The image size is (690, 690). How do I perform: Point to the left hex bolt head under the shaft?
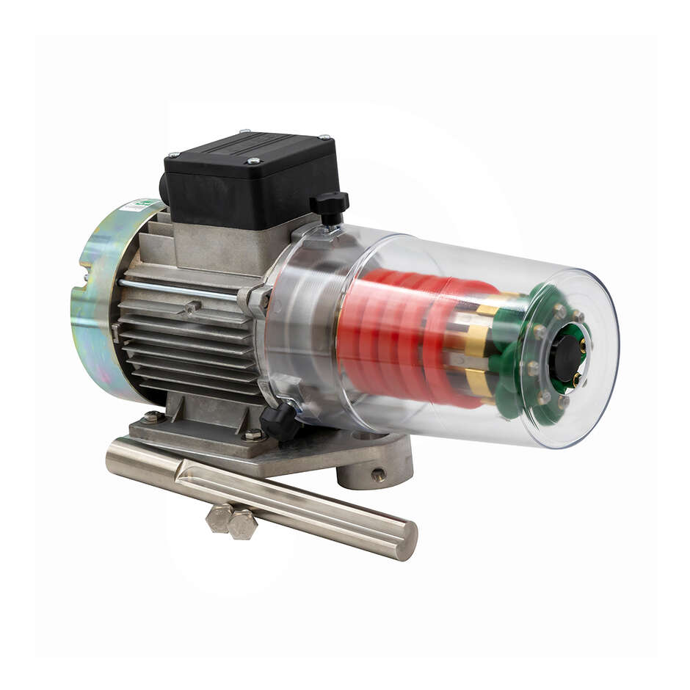pyautogui.click(x=219, y=518)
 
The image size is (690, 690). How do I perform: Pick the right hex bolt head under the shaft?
pyautogui.click(x=243, y=524)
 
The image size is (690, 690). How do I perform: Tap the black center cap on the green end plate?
pyautogui.click(x=564, y=357)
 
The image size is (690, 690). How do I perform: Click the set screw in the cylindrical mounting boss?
pyautogui.click(x=378, y=476)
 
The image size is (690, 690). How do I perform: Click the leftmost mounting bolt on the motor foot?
pyautogui.click(x=152, y=417)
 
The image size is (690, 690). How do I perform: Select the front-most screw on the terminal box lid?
pyautogui.click(x=253, y=161)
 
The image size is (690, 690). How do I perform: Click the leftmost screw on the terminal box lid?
pyautogui.click(x=173, y=155)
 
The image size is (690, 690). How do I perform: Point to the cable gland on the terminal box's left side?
pyautogui.click(x=162, y=187)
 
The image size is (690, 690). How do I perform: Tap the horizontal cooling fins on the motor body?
pyautogui.click(x=187, y=345)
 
